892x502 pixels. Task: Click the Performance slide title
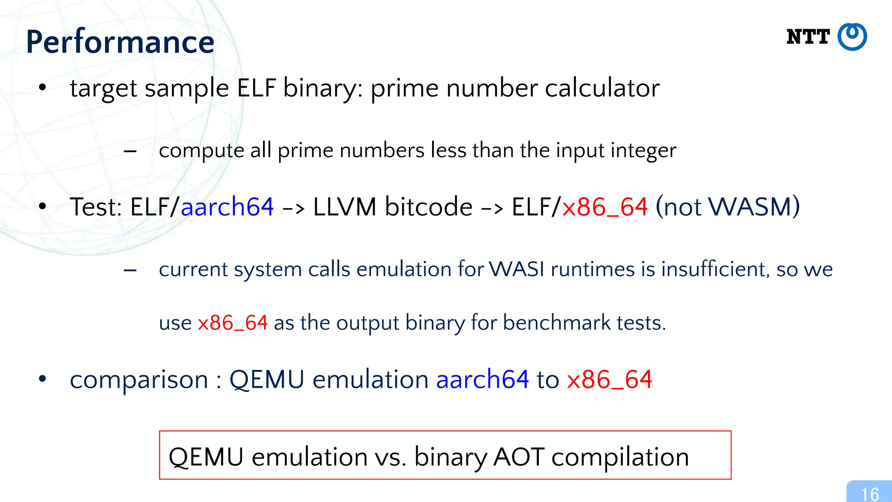[120, 42]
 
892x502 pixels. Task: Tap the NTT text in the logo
[808, 37]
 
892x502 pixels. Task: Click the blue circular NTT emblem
[852, 37]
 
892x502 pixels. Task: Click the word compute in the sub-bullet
[201, 151]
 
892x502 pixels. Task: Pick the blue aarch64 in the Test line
[227, 207]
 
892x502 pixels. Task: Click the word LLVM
[345, 207]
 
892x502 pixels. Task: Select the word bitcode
[429, 207]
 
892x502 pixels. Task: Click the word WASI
[517, 269]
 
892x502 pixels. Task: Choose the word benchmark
[557, 323]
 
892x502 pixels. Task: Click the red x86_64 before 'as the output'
[233, 323]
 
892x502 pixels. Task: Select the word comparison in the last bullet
[139, 380]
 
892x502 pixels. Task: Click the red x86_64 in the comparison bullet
[609, 380]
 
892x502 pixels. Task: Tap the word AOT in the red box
[518, 457]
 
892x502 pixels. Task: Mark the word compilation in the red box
[620, 457]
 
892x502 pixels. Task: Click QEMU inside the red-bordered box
[206, 457]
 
